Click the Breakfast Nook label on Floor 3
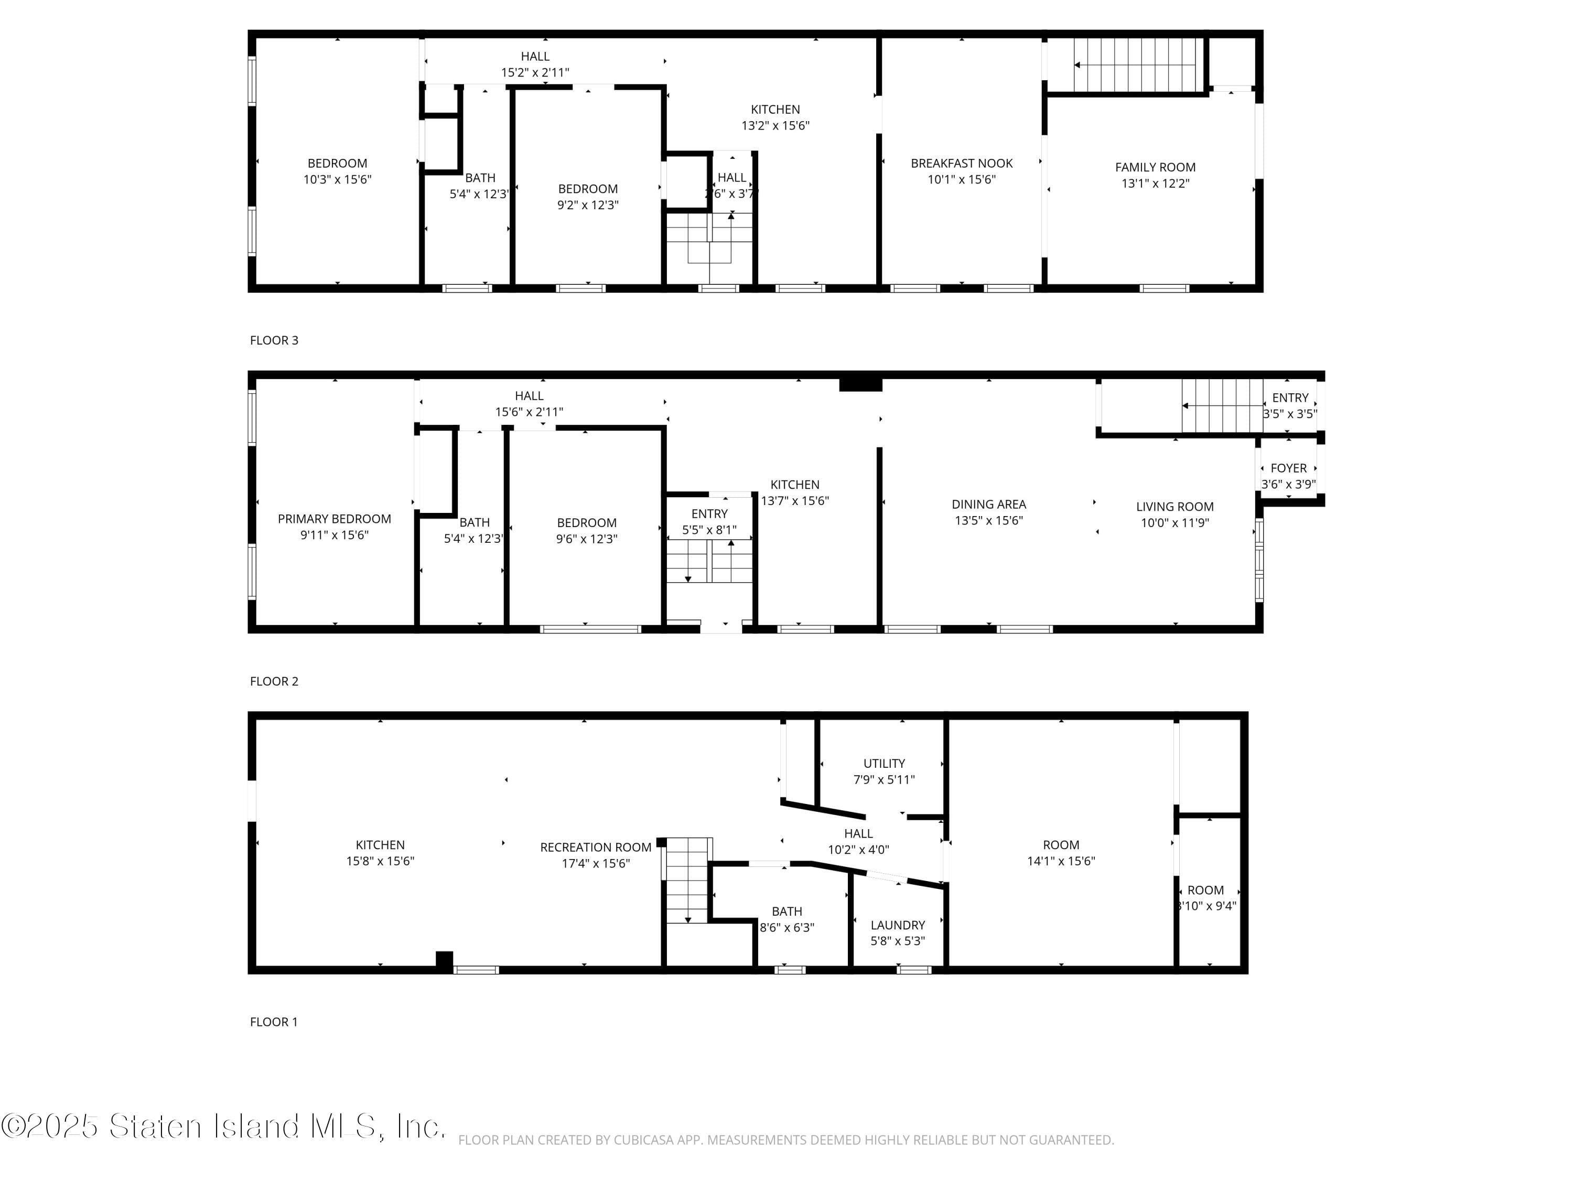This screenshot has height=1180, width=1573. tap(962, 164)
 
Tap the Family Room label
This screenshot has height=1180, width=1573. tap(1155, 167)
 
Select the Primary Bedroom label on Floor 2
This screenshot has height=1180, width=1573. tap(334, 519)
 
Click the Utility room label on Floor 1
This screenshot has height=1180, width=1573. tap(884, 763)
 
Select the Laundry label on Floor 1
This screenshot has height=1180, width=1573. tap(898, 925)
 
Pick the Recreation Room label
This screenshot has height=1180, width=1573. tap(595, 847)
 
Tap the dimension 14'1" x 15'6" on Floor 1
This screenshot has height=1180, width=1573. tap(1060, 861)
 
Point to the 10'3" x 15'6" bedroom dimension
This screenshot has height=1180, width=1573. tap(337, 180)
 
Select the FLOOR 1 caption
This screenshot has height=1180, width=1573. tap(274, 1022)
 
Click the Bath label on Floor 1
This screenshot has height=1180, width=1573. tap(786, 911)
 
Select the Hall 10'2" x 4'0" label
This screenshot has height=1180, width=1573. tap(858, 841)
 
